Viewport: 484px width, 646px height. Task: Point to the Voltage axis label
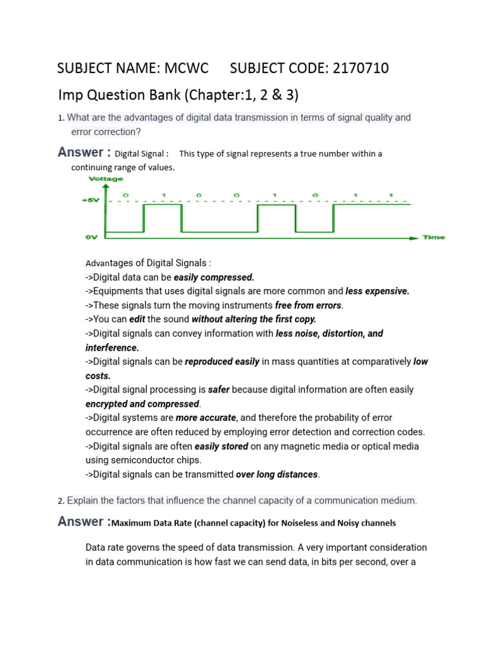[x=106, y=179]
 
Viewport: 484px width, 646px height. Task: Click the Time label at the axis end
[x=434, y=237]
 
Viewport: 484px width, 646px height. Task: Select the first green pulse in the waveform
[x=163, y=219]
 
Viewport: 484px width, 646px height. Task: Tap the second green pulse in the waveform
[x=276, y=219]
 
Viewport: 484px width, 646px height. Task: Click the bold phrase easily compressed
[x=214, y=277]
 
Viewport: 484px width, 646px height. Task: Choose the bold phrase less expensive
[x=377, y=291]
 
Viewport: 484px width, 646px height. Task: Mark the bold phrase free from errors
[x=308, y=305]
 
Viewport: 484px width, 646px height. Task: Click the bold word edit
[x=137, y=319]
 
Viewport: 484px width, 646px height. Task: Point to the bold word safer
[x=219, y=390]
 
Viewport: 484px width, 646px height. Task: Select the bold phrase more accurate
[x=206, y=418]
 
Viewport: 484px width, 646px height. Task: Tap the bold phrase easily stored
[x=221, y=446]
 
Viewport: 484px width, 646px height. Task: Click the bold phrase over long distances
[x=277, y=474]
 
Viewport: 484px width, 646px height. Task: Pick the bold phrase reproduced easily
[x=222, y=361]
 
